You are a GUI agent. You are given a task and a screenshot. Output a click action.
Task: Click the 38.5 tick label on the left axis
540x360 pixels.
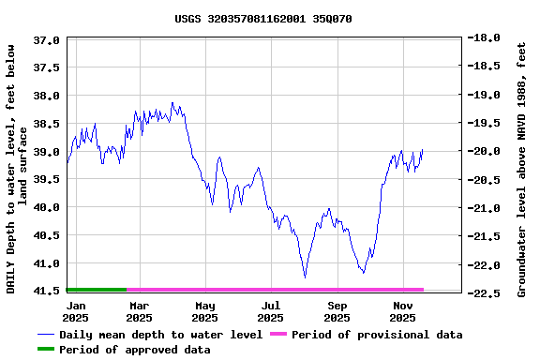[46, 124]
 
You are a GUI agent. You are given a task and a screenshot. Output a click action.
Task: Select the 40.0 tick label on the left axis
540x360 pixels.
[46, 207]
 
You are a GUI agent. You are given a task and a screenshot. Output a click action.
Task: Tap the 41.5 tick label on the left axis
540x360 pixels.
[46, 292]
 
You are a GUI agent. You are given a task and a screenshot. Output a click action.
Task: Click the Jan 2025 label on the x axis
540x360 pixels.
[76, 312]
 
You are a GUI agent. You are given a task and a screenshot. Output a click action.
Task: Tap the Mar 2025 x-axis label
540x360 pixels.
[139, 312]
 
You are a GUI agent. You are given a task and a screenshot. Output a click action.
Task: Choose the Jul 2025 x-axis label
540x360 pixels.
[271, 312]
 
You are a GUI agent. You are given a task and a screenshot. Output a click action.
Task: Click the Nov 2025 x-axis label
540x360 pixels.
[402, 312]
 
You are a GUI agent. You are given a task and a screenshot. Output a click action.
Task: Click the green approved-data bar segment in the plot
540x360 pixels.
[97, 290]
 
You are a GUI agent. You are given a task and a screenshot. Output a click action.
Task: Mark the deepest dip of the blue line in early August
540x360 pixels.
[305, 277]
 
